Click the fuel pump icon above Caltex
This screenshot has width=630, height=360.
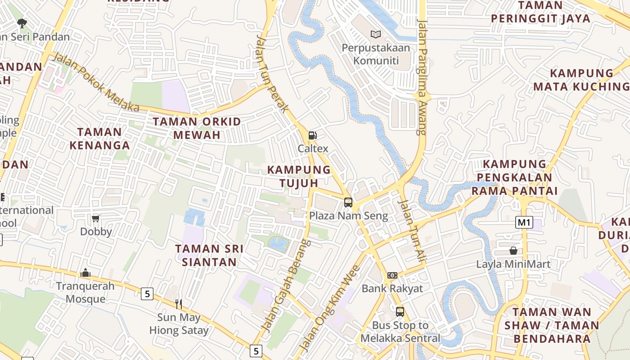[x=312, y=135]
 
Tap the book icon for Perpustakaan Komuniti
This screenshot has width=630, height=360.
[x=376, y=34]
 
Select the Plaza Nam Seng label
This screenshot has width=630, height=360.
[x=348, y=216]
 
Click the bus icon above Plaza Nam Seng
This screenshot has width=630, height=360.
[x=348, y=202]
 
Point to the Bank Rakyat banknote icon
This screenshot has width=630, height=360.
[x=392, y=275]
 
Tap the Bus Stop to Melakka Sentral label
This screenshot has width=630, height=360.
[x=400, y=332]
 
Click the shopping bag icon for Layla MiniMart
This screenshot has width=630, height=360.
[x=513, y=251]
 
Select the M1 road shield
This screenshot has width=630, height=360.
[x=525, y=222]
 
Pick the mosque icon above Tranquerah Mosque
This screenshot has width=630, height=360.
[x=85, y=273]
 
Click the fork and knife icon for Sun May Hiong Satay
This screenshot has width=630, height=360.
[x=179, y=304]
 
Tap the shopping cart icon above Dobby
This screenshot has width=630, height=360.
[x=95, y=219]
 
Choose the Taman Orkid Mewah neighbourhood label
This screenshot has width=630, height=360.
[x=197, y=128]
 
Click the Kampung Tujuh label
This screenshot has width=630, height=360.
[x=299, y=176]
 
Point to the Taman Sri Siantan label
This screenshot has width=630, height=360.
[x=209, y=255]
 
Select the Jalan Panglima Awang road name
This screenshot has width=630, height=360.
[x=422, y=76]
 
